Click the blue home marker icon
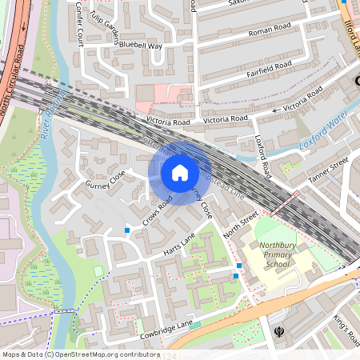tap(180, 173)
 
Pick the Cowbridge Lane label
tap(168, 328)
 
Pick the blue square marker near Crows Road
tap(126, 230)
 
